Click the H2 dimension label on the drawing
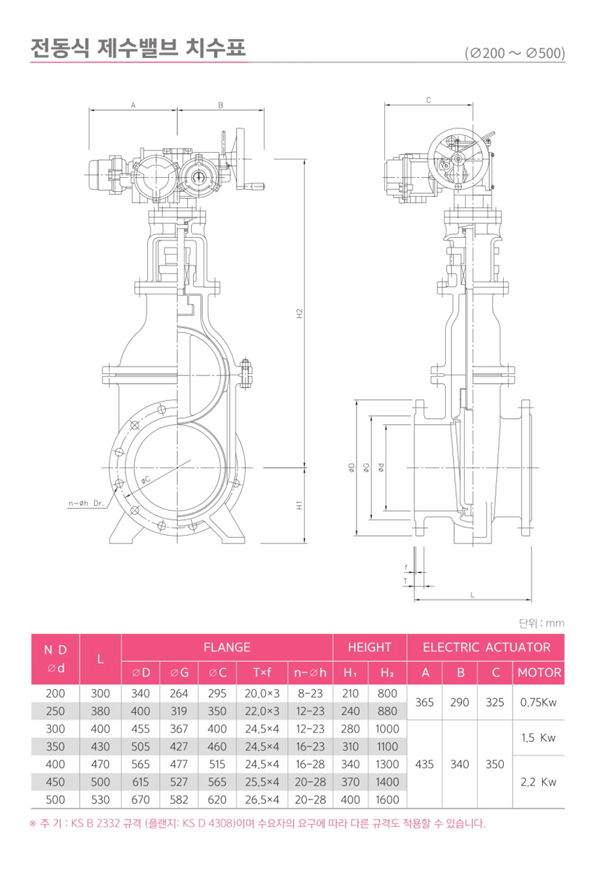(x=299, y=314)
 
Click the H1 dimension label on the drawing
(x=299, y=505)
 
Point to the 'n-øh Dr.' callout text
(x=86, y=503)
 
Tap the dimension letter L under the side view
(x=472, y=595)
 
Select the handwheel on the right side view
(x=458, y=158)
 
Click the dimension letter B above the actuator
(x=220, y=105)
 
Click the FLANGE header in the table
(x=227, y=647)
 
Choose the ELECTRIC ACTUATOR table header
(x=486, y=647)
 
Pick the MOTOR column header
(x=539, y=672)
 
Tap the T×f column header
(x=262, y=672)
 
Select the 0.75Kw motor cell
(x=539, y=702)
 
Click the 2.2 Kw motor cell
(x=539, y=782)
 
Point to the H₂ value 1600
(x=387, y=799)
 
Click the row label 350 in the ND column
(x=55, y=746)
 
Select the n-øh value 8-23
(x=310, y=693)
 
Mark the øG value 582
(x=179, y=799)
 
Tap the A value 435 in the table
(x=424, y=764)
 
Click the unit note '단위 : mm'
(x=541, y=623)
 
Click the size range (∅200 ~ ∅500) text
(x=515, y=53)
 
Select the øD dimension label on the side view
(x=352, y=467)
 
